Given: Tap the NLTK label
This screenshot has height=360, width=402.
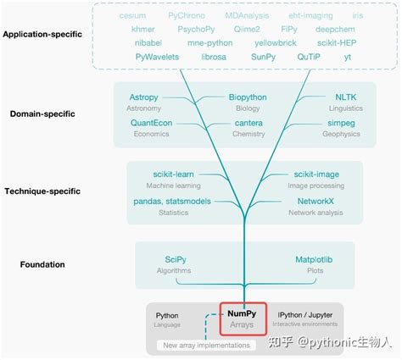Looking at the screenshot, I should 323,97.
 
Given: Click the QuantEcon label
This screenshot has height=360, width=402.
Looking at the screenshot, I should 154,122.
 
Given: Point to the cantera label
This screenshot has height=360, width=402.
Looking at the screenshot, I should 248,122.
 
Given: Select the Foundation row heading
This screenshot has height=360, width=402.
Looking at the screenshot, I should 42,264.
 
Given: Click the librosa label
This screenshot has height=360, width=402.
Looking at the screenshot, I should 215,56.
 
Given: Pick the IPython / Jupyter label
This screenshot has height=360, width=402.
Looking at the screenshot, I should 306,313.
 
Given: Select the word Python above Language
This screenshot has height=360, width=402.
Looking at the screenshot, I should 168,313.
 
